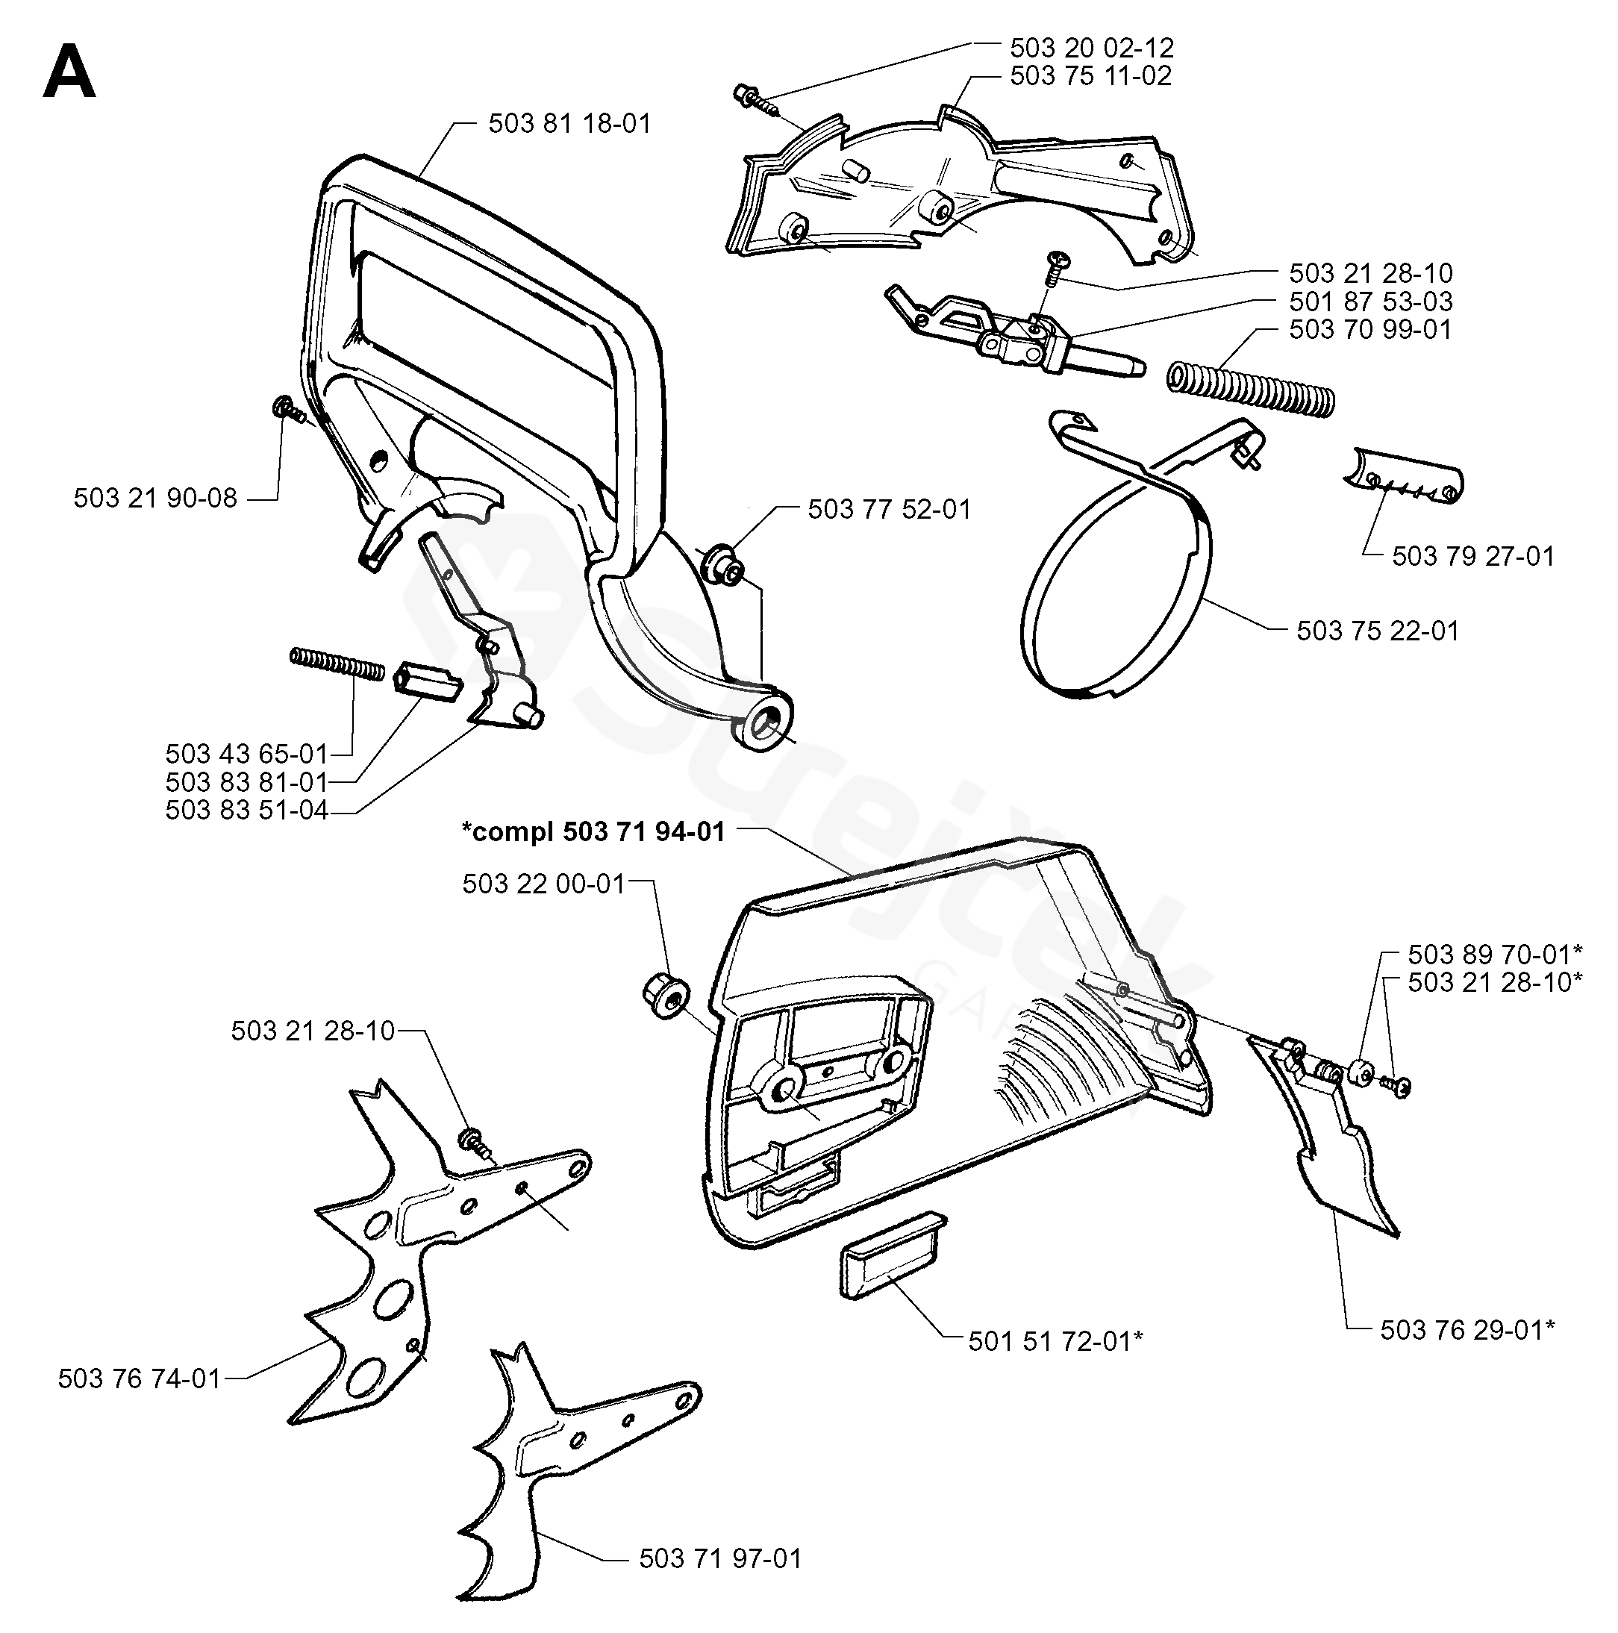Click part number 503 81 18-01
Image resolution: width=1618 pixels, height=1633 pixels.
pos(569,124)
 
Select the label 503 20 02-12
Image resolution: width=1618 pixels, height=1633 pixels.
pos(1092,47)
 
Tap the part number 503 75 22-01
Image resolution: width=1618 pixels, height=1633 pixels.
pos(1378,631)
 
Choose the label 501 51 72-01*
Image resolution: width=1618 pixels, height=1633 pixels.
pos(1056,1341)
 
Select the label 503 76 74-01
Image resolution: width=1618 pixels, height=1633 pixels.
pos(140,1378)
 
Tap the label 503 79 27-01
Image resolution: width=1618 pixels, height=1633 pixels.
pos(1473,556)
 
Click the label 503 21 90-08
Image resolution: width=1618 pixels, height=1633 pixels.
pos(155,498)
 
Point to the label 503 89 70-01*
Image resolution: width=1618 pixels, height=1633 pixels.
pos(1496,955)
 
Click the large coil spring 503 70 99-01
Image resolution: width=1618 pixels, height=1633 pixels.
pos(1251,388)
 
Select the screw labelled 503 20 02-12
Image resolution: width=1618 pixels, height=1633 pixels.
pos(757,101)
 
